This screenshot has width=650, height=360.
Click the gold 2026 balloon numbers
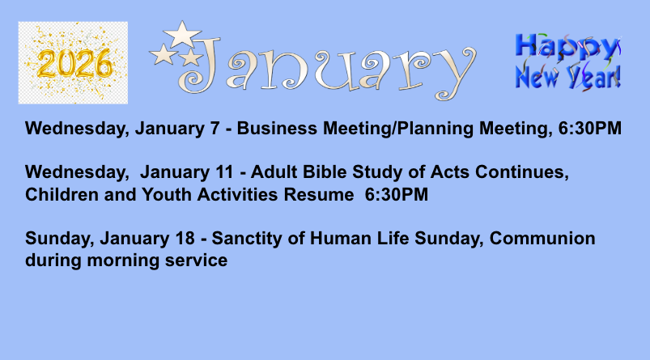74,64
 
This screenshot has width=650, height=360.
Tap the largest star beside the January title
182,34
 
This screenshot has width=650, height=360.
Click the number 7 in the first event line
215,128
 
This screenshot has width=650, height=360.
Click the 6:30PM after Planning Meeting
590,128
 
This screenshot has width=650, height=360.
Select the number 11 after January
224,172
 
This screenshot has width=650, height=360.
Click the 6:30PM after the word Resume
397,194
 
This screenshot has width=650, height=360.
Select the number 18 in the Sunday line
185,238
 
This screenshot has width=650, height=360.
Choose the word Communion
542,238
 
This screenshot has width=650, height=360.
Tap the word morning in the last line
123,261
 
